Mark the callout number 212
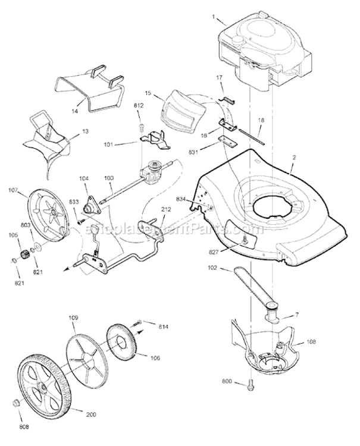(x=166, y=209)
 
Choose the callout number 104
(x=83, y=178)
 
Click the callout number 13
(x=85, y=131)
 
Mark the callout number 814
(x=163, y=327)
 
